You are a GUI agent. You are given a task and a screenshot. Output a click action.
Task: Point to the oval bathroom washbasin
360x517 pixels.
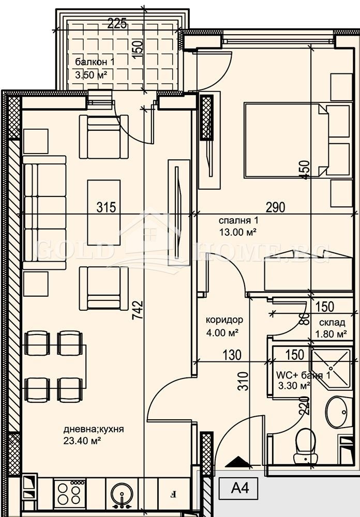pos(339,412)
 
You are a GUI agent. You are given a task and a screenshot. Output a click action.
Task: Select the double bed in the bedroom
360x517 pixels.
pos(286,140)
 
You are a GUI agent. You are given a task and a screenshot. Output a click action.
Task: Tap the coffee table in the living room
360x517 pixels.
pos(103,212)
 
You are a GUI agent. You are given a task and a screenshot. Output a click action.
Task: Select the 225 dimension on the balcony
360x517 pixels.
pos(117,23)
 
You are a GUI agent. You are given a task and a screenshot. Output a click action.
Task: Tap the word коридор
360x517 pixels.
pos(221,320)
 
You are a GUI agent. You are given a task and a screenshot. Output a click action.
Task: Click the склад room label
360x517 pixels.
pos(332,323)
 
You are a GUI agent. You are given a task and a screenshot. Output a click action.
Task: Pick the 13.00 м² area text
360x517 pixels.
pos(238,232)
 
